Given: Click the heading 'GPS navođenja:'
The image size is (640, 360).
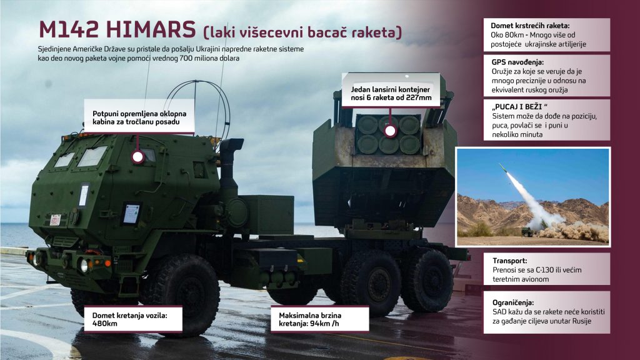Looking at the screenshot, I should (x=517, y=62).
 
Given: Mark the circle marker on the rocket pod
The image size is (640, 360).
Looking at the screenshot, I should (x=390, y=131).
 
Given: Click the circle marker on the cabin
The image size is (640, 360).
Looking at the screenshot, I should (x=138, y=157).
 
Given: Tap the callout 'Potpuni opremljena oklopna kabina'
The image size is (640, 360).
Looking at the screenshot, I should (x=139, y=117).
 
